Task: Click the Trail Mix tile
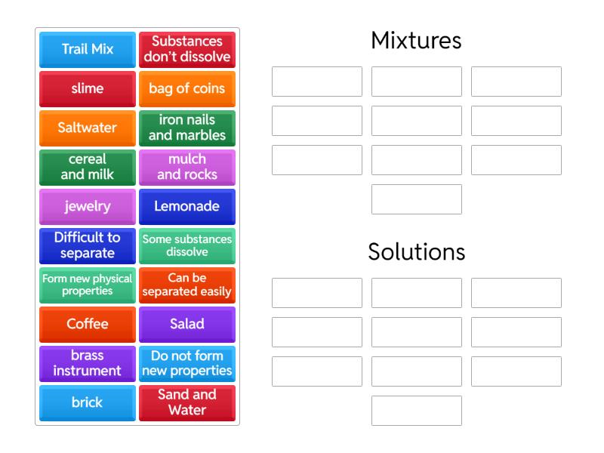click(x=88, y=50)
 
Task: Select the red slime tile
click(x=88, y=89)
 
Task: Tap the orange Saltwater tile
click(x=88, y=128)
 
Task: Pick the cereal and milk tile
click(x=88, y=168)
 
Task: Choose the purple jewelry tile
click(x=88, y=207)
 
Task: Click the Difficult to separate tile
click(x=88, y=246)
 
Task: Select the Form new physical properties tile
click(x=88, y=285)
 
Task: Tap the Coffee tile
click(x=88, y=325)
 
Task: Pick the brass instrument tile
click(x=88, y=364)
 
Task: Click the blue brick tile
click(x=88, y=403)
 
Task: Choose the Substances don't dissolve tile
click(x=187, y=50)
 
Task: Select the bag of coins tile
click(x=187, y=89)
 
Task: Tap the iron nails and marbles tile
click(x=187, y=128)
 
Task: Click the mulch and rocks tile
click(x=187, y=168)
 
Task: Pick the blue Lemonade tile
click(x=187, y=207)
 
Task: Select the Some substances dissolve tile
click(x=187, y=246)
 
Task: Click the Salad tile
click(x=187, y=325)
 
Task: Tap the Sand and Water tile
click(x=187, y=403)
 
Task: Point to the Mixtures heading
click(x=416, y=41)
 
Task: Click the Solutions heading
click(x=416, y=252)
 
